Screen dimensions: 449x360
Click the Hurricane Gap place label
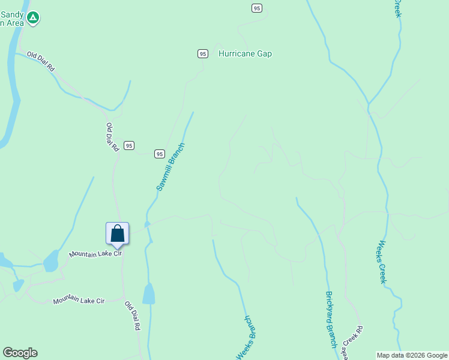click(245, 54)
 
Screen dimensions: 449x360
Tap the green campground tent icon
click(34, 18)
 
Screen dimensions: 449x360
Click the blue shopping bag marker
click(118, 234)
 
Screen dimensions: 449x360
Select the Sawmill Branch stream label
click(169, 167)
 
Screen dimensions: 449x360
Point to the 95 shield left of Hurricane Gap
click(203, 54)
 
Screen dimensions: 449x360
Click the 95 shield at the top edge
click(256, 8)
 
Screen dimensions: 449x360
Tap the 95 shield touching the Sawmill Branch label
click(159, 154)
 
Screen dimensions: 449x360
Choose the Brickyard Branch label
click(330, 319)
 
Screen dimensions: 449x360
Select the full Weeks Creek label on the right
click(383, 262)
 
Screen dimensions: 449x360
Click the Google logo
click(20, 353)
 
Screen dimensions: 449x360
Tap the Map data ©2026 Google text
click(412, 355)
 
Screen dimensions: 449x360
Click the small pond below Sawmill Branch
click(148, 294)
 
